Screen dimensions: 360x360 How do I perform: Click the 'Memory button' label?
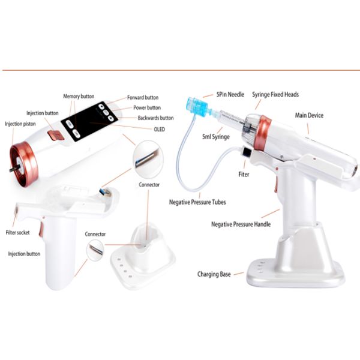[79, 97]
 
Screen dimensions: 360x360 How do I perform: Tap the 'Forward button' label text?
[143, 98]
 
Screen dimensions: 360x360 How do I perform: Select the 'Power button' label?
[147, 107]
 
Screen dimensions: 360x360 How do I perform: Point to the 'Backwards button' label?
[155, 118]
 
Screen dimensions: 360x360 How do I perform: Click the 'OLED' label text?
[160, 130]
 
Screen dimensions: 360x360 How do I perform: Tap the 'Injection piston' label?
[20, 124]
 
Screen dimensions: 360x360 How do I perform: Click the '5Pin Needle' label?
[230, 94]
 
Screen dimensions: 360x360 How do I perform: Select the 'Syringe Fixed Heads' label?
[275, 94]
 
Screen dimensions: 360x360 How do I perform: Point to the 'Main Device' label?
[309, 115]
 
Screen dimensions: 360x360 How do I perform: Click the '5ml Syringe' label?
[216, 137]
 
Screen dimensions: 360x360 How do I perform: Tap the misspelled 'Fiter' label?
[244, 175]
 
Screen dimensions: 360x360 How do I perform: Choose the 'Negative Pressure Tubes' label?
[197, 202]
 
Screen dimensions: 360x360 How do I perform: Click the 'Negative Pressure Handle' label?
[241, 224]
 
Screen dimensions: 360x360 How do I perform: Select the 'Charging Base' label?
[214, 274]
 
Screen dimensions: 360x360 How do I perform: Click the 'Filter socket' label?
[17, 233]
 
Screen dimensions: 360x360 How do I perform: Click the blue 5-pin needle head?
[197, 106]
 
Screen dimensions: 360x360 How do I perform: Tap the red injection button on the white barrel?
[56, 135]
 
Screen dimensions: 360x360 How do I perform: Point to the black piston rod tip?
[11, 170]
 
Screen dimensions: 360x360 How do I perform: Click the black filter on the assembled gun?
[247, 152]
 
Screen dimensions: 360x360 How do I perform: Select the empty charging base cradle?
[143, 254]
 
